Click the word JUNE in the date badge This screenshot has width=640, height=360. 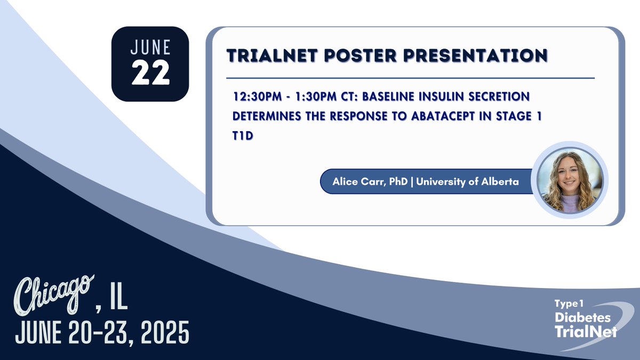pos(150,47)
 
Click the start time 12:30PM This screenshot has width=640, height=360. pos(255,98)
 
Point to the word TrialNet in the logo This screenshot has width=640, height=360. pos(585,332)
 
